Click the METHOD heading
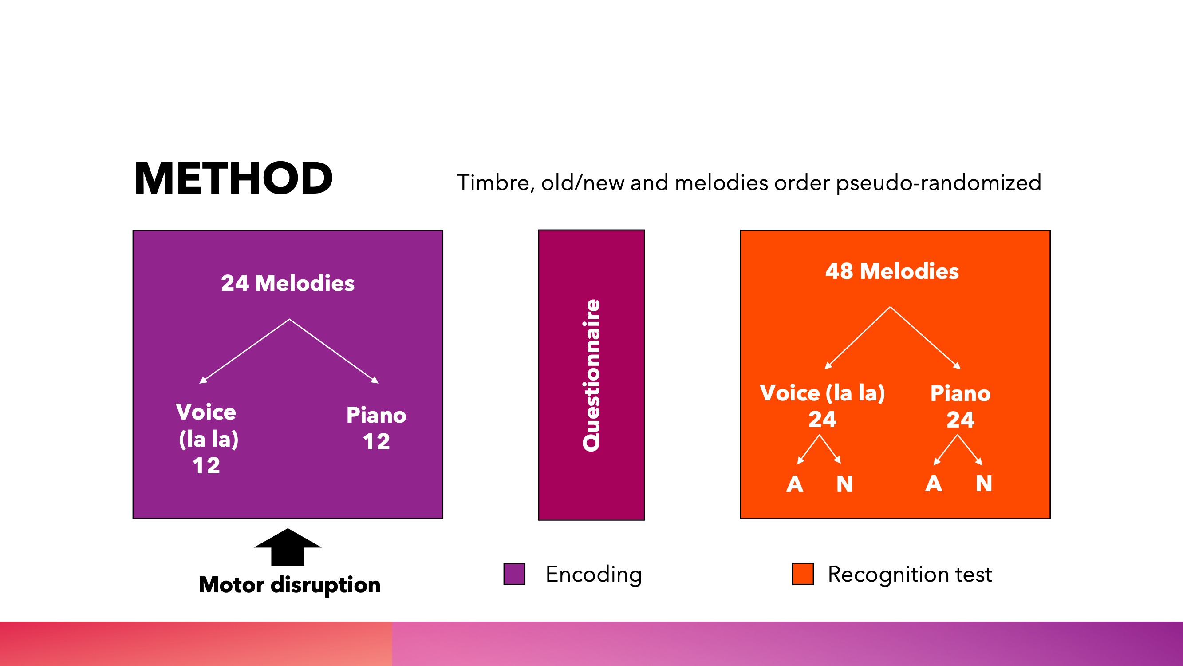[x=233, y=178]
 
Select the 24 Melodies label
[x=288, y=283]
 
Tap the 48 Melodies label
[x=892, y=271]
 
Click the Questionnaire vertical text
[x=591, y=375]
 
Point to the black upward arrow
[x=288, y=547]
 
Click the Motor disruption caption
[x=289, y=585]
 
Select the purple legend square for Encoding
[x=514, y=574]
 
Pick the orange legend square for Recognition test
[x=803, y=574]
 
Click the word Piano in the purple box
[x=376, y=415]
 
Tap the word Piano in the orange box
[x=960, y=393]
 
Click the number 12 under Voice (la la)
[x=206, y=466]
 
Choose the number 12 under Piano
[x=376, y=442]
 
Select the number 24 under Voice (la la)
[x=823, y=419]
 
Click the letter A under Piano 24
[x=934, y=484]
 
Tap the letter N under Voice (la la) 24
[x=844, y=484]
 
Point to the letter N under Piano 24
[x=984, y=484]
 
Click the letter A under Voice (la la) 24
[x=795, y=484]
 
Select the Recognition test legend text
[x=910, y=575]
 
